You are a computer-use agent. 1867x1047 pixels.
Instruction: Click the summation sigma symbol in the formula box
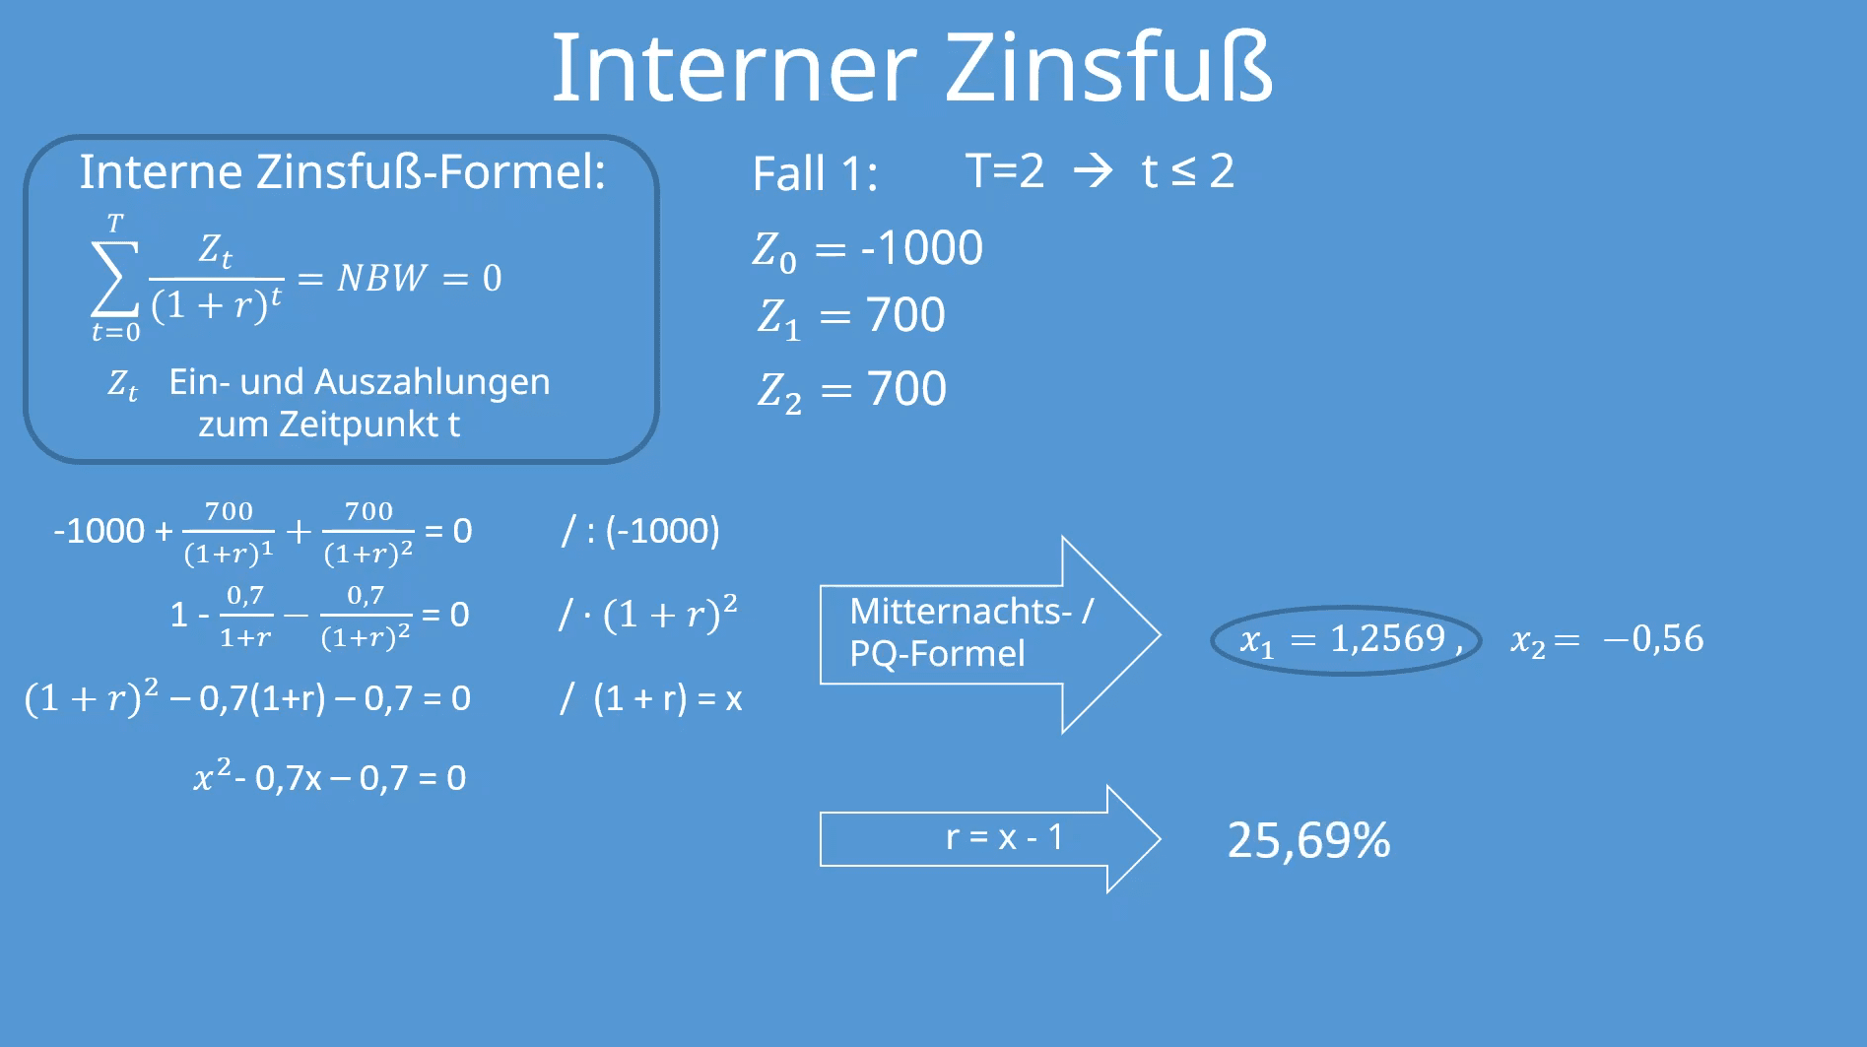click(x=114, y=279)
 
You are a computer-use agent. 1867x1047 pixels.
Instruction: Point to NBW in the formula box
click(x=382, y=279)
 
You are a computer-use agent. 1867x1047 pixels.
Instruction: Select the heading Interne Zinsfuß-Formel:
click(x=342, y=172)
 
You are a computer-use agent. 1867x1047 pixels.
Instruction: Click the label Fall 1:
click(x=815, y=174)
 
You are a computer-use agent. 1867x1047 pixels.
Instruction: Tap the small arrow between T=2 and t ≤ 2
click(x=1093, y=171)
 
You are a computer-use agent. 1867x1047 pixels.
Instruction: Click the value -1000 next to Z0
click(x=921, y=248)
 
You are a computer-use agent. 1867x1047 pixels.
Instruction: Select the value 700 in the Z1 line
click(x=905, y=315)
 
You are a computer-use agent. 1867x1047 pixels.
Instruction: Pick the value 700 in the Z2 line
click(x=906, y=389)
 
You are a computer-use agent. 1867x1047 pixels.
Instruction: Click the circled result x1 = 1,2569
click(x=1345, y=640)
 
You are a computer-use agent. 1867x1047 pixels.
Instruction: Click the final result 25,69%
click(x=1308, y=841)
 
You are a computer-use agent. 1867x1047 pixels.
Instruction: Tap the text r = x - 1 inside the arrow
click(x=1004, y=837)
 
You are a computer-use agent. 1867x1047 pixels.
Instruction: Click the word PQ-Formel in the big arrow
click(x=937, y=654)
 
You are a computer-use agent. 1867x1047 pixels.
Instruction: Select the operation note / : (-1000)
click(x=640, y=531)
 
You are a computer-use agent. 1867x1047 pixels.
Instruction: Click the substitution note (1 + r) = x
click(x=667, y=698)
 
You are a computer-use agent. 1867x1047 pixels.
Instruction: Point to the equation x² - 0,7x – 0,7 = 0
click(x=330, y=778)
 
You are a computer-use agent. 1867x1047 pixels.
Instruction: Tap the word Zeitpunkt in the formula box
click(x=359, y=425)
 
